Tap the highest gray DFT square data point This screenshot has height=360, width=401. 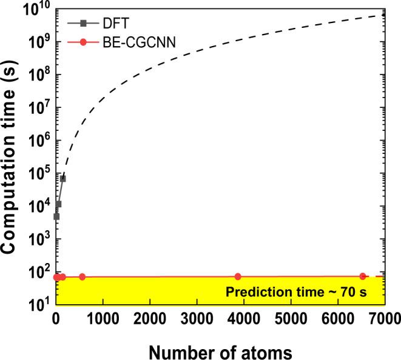pyautogui.click(x=63, y=178)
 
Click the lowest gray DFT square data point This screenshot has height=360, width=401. pyautogui.click(x=56, y=216)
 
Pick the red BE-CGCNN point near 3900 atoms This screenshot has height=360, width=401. pyautogui.click(x=238, y=276)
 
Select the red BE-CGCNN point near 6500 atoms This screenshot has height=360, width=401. pyautogui.click(x=363, y=276)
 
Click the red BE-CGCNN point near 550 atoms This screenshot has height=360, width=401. pyautogui.click(x=83, y=277)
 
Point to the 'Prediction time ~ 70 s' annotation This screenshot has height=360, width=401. pyautogui.click(x=301, y=291)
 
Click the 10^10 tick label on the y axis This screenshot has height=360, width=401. pyautogui.click(x=38, y=10)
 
